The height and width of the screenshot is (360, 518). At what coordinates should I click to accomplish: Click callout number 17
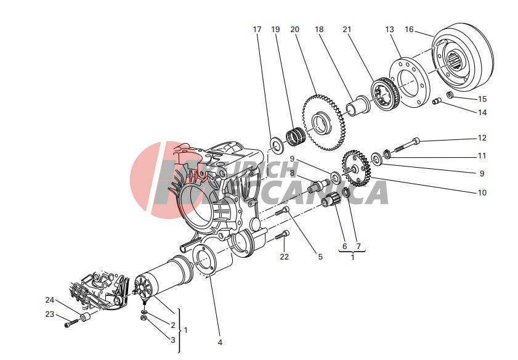tap(257, 30)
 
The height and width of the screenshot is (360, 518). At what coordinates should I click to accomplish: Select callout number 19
tap(275, 30)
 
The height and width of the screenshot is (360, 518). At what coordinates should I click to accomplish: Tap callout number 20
tap(294, 30)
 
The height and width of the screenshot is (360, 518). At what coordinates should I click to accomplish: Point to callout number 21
tap(347, 30)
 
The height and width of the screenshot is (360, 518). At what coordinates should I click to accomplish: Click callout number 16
tap(410, 30)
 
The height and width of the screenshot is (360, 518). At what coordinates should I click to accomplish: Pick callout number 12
tap(482, 138)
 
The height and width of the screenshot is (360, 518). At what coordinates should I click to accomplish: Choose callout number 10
tap(482, 192)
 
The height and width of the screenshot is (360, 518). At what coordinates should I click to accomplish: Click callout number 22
tap(284, 256)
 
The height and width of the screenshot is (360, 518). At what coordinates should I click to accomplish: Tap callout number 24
tap(49, 300)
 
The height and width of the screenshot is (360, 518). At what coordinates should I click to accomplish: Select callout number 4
tap(220, 342)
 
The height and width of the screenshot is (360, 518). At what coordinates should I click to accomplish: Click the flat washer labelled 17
tap(275, 144)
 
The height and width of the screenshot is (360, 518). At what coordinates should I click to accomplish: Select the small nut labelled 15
tap(450, 95)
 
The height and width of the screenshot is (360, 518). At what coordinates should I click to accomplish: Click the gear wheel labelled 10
tap(357, 168)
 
